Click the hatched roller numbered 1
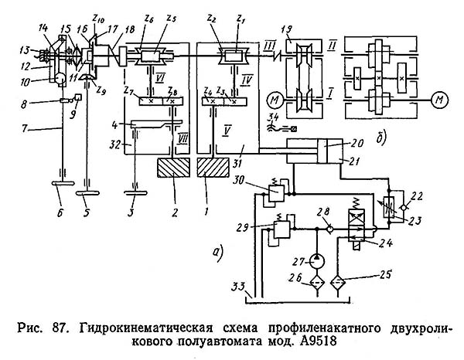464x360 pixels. pos(212,168)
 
